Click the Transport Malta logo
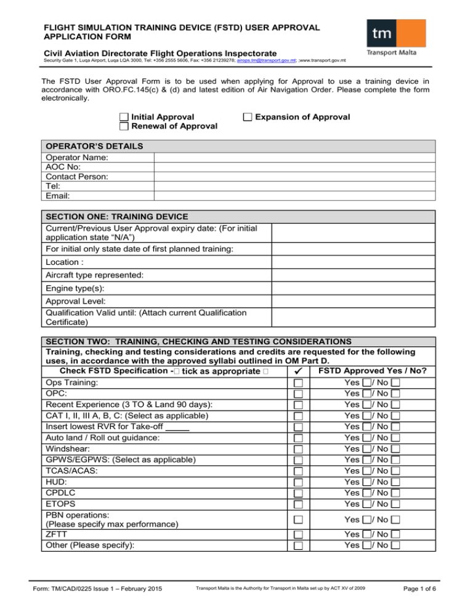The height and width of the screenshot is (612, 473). click(x=395, y=37)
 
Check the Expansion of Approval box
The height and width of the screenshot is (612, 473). click(x=247, y=117)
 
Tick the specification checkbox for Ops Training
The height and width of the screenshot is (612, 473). click(x=299, y=383)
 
